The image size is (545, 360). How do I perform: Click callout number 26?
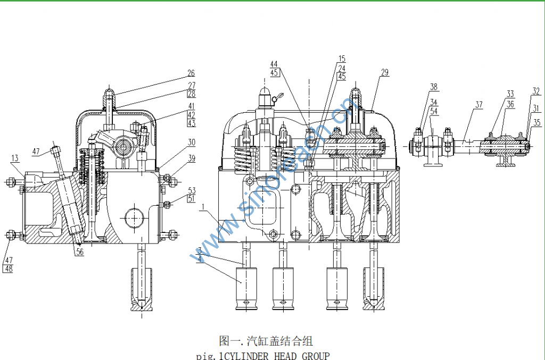[x=191, y=73]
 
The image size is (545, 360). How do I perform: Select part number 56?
[x=79, y=253]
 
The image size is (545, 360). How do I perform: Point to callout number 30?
[x=191, y=142]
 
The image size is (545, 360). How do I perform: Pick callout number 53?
[x=191, y=190]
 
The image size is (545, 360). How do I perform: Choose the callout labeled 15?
[x=341, y=58]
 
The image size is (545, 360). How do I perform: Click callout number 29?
[x=385, y=72]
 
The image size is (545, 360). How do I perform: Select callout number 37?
[x=478, y=105]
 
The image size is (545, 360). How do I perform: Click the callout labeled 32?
[x=536, y=91]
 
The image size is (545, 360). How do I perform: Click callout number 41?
[x=191, y=106]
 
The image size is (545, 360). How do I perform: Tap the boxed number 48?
[x=8, y=269]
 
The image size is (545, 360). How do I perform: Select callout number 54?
[x=434, y=111]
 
